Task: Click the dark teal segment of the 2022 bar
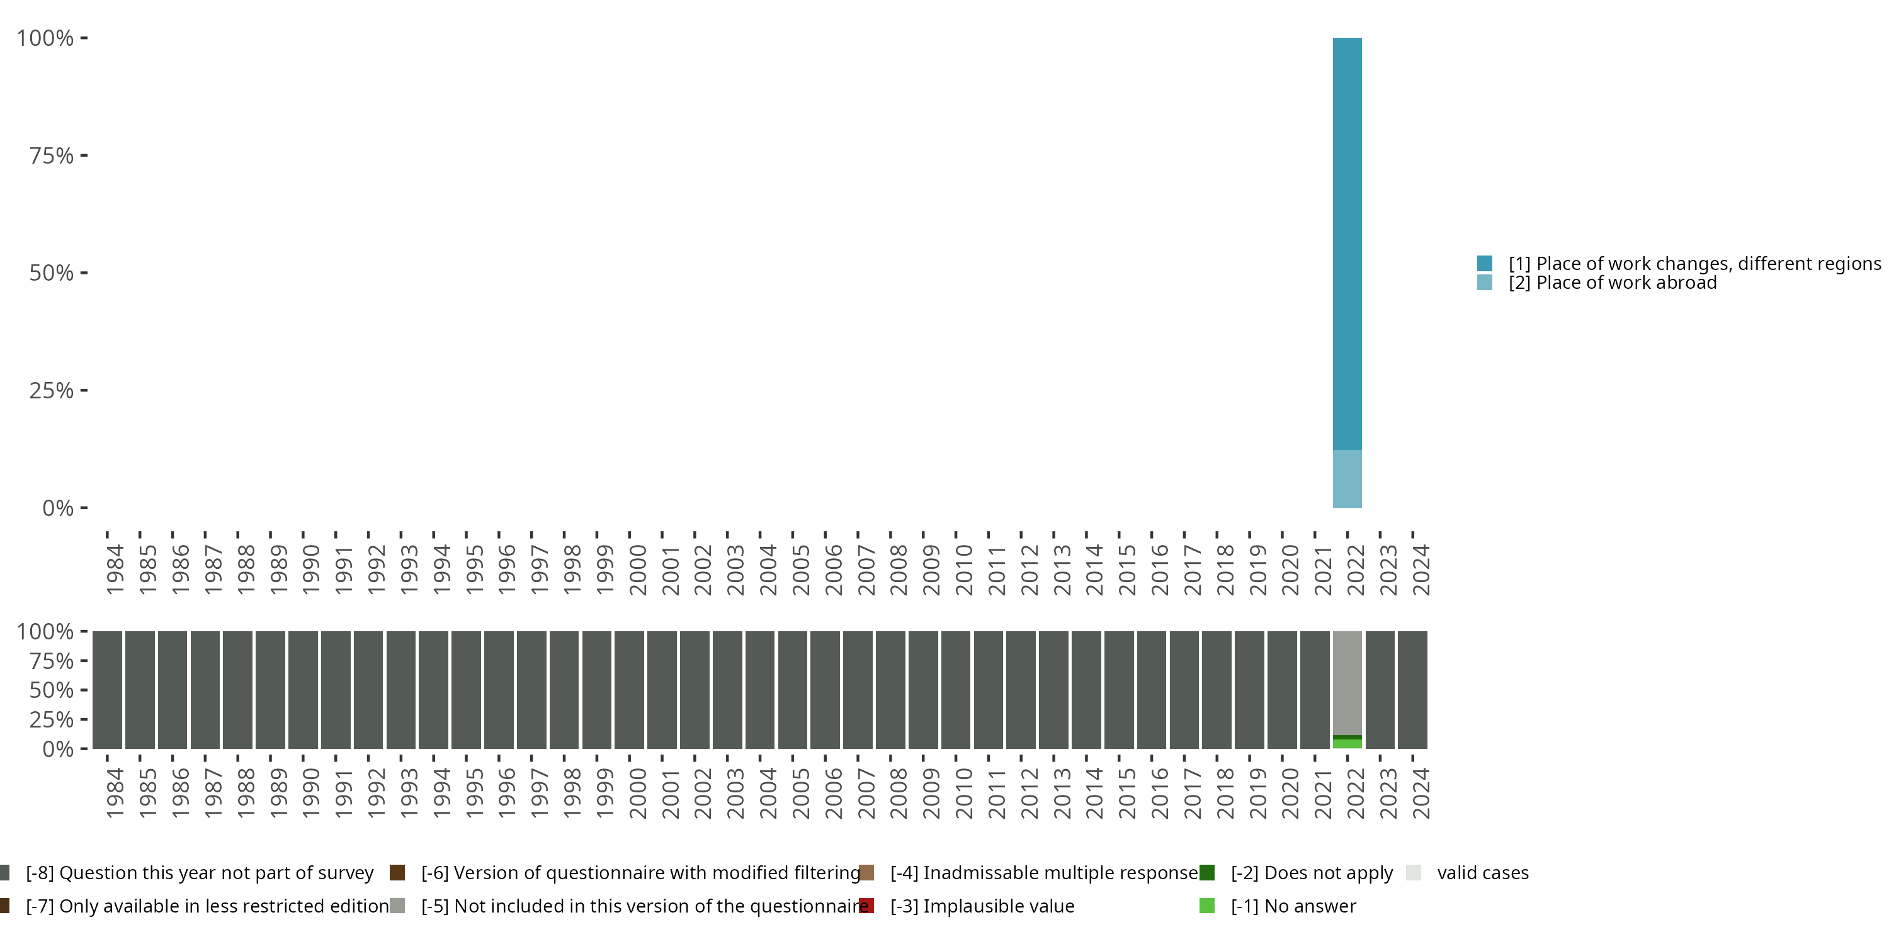click(x=1347, y=242)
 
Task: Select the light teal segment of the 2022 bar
click(x=1347, y=478)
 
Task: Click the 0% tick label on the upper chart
click(x=58, y=508)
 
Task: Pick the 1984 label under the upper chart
click(x=115, y=570)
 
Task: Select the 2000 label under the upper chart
click(x=637, y=570)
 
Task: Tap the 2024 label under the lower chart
click(x=1421, y=794)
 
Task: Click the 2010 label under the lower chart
click(x=963, y=794)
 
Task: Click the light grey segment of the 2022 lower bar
click(x=1347, y=682)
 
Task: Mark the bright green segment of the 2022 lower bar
click(x=1347, y=744)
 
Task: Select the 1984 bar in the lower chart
click(x=107, y=690)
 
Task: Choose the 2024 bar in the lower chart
click(x=1413, y=690)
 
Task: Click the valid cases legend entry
click(x=1482, y=873)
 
